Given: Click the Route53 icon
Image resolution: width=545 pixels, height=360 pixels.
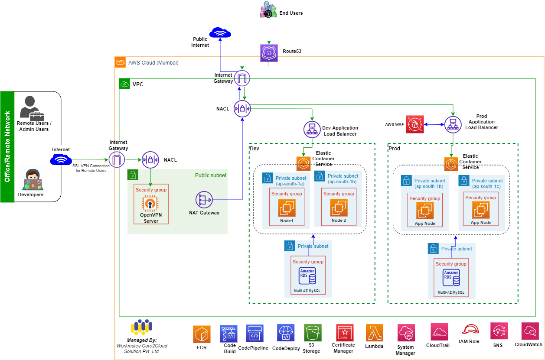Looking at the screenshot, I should point(268,52).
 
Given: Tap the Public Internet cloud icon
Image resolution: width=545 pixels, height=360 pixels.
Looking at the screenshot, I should point(220,33).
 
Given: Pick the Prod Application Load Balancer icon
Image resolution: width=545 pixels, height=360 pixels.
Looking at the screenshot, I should point(453,124).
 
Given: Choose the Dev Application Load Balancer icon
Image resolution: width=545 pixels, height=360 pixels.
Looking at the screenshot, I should point(312,129).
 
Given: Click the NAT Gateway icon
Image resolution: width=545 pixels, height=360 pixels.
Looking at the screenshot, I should point(204,200).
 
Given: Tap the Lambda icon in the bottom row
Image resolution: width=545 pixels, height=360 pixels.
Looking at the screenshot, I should point(374,333).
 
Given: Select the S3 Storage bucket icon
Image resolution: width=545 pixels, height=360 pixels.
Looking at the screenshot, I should point(312,333).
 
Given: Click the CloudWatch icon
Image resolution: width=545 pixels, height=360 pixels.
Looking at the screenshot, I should point(530,331).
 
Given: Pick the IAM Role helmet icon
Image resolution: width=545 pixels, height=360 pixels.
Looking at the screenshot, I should point(470,330).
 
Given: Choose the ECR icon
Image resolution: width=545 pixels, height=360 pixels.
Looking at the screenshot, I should point(202,334).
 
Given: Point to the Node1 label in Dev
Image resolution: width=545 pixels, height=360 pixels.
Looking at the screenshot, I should point(286,221).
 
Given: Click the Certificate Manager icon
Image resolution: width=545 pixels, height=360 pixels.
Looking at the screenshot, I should point(345,333).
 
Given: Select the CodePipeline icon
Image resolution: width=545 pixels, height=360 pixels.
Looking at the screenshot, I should point(254,334).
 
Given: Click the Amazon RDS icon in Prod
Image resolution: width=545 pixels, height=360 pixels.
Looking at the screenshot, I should point(451,277).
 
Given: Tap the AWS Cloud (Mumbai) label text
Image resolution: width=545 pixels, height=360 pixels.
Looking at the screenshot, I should point(153,63).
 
